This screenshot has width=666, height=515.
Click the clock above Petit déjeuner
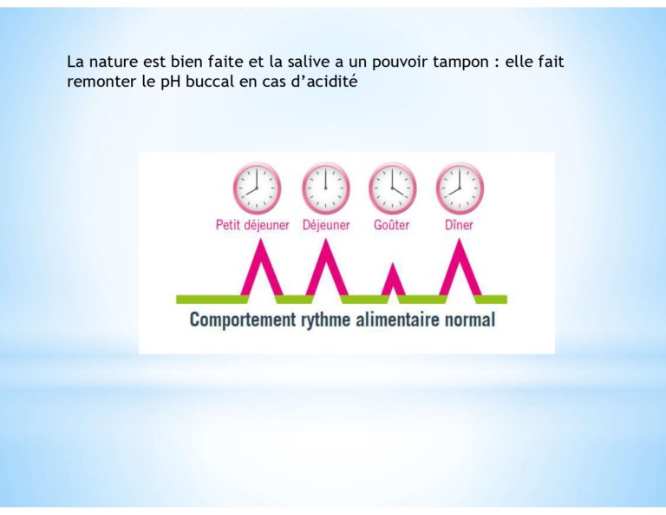pyautogui.click(x=257, y=188)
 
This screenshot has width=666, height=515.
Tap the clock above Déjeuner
pyautogui.click(x=325, y=188)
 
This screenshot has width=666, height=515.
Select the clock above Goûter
pyautogui.click(x=392, y=188)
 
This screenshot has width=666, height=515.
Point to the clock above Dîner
pyautogui.click(x=460, y=188)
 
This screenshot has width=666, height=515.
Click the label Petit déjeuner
pyautogui.click(x=252, y=225)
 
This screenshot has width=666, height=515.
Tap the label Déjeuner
pyautogui.click(x=326, y=225)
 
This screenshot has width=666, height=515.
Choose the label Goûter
pyautogui.click(x=392, y=225)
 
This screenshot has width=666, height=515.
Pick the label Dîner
pyautogui.click(x=459, y=225)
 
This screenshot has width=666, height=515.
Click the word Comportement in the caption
pyautogui.click(x=242, y=320)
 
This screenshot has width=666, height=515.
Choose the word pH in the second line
pyautogui.click(x=171, y=82)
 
